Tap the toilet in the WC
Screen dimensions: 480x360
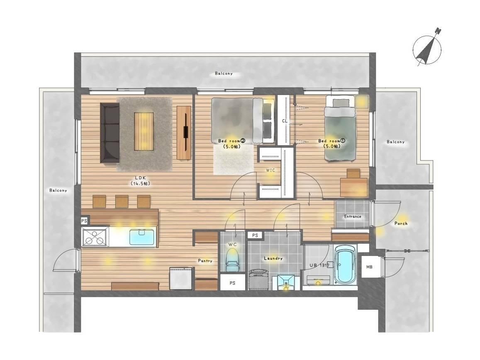click(232, 260)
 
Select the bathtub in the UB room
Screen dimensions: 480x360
click(345, 265)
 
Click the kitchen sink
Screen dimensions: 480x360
click(142, 237)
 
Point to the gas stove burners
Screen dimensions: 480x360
click(95, 237)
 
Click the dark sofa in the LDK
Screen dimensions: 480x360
click(110, 133)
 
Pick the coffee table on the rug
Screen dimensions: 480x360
click(144, 131)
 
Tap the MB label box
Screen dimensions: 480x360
click(370, 267)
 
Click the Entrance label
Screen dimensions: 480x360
click(353, 216)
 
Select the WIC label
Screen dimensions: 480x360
click(270, 170)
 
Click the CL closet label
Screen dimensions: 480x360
click(285, 121)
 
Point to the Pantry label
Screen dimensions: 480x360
click(205, 261)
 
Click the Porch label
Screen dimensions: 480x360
click(401, 224)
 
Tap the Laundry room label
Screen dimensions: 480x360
click(273, 258)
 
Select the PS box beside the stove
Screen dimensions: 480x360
click(84, 221)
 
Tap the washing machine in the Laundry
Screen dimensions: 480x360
click(258, 280)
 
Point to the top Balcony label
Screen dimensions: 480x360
click(224, 73)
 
